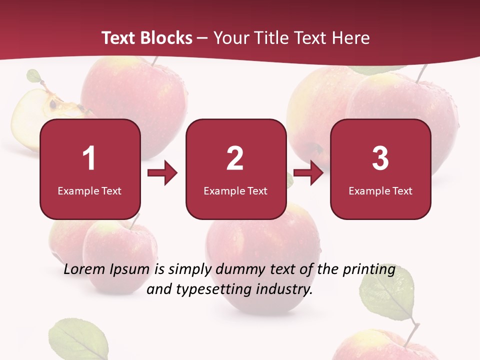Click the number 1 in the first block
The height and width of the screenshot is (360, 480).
coord(89,158)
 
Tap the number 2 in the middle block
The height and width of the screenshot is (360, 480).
coord(235,158)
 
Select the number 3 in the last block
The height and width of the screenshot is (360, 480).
coord(380,158)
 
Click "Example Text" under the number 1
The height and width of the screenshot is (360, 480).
coord(89,190)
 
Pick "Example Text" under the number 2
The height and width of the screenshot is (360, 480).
coord(235,190)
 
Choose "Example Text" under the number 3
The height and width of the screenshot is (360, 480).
coord(380,190)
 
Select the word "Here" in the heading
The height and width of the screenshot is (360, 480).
coord(352,38)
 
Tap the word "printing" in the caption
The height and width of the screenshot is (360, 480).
coord(369,269)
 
